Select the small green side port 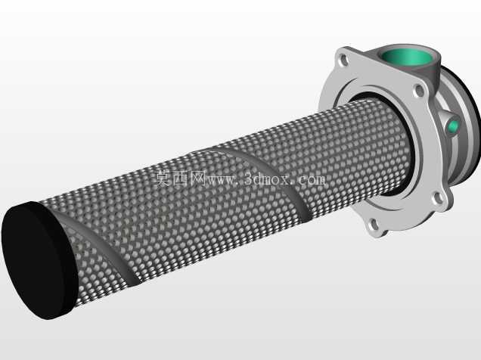[453, 126]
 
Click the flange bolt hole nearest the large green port [419, 91]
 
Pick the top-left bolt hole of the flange [344, 60]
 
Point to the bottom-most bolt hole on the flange [374, 225]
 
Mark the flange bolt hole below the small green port [439, 197]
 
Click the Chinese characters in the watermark [180, 178]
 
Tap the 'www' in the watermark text [222, 180]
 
